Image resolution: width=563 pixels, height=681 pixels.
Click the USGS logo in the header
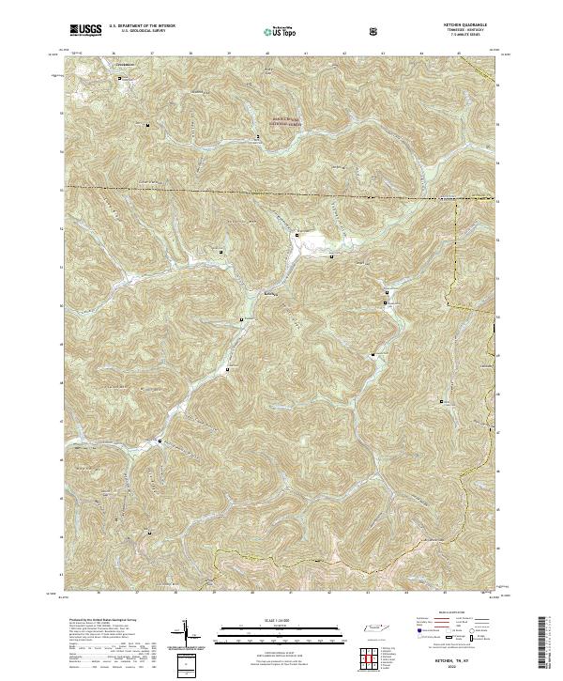(x=86, y=30)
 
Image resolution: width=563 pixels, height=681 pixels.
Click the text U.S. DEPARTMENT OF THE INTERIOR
(x=142, y=27)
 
